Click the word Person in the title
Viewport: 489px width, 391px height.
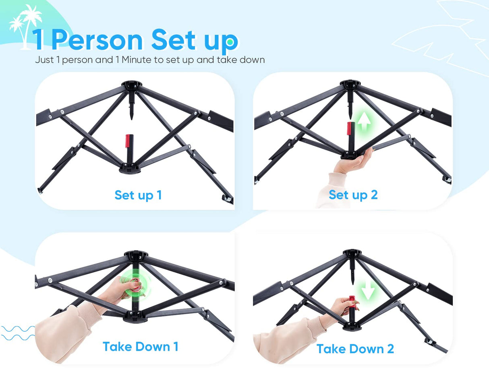coord(97,40)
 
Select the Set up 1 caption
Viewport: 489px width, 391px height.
coord(138,195)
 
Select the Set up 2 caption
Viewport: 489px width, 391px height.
coord(353,195)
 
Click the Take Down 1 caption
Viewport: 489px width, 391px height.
coord(141,347)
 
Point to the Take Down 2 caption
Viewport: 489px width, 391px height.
coord(355,349)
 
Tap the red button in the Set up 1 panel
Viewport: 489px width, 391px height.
coord(128,141)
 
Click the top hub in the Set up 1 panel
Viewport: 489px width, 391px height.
coord(132,85)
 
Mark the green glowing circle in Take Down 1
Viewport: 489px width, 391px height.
coord(135,285)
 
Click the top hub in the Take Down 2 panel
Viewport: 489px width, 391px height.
coord(352,253)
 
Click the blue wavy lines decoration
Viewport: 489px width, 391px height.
coord(18,333)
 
